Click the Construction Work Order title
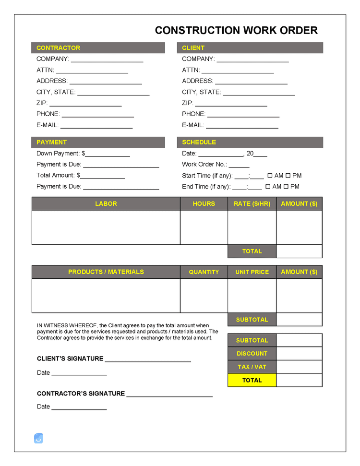tap(236, 31)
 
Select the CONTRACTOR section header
tap(98, 48)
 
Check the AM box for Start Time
tap(270, 176)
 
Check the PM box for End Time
tap(286, 187)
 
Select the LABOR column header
tap(106, 203)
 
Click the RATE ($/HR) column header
tap(252, 203)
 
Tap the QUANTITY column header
tap(204, 272)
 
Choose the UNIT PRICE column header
tap(252, 272)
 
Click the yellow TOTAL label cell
tap(252, 380)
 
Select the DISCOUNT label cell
tap(252, 354)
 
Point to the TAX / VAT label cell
tap(252, 367)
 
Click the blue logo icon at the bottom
tap(38, 438)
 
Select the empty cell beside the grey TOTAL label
tap(299, 251)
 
